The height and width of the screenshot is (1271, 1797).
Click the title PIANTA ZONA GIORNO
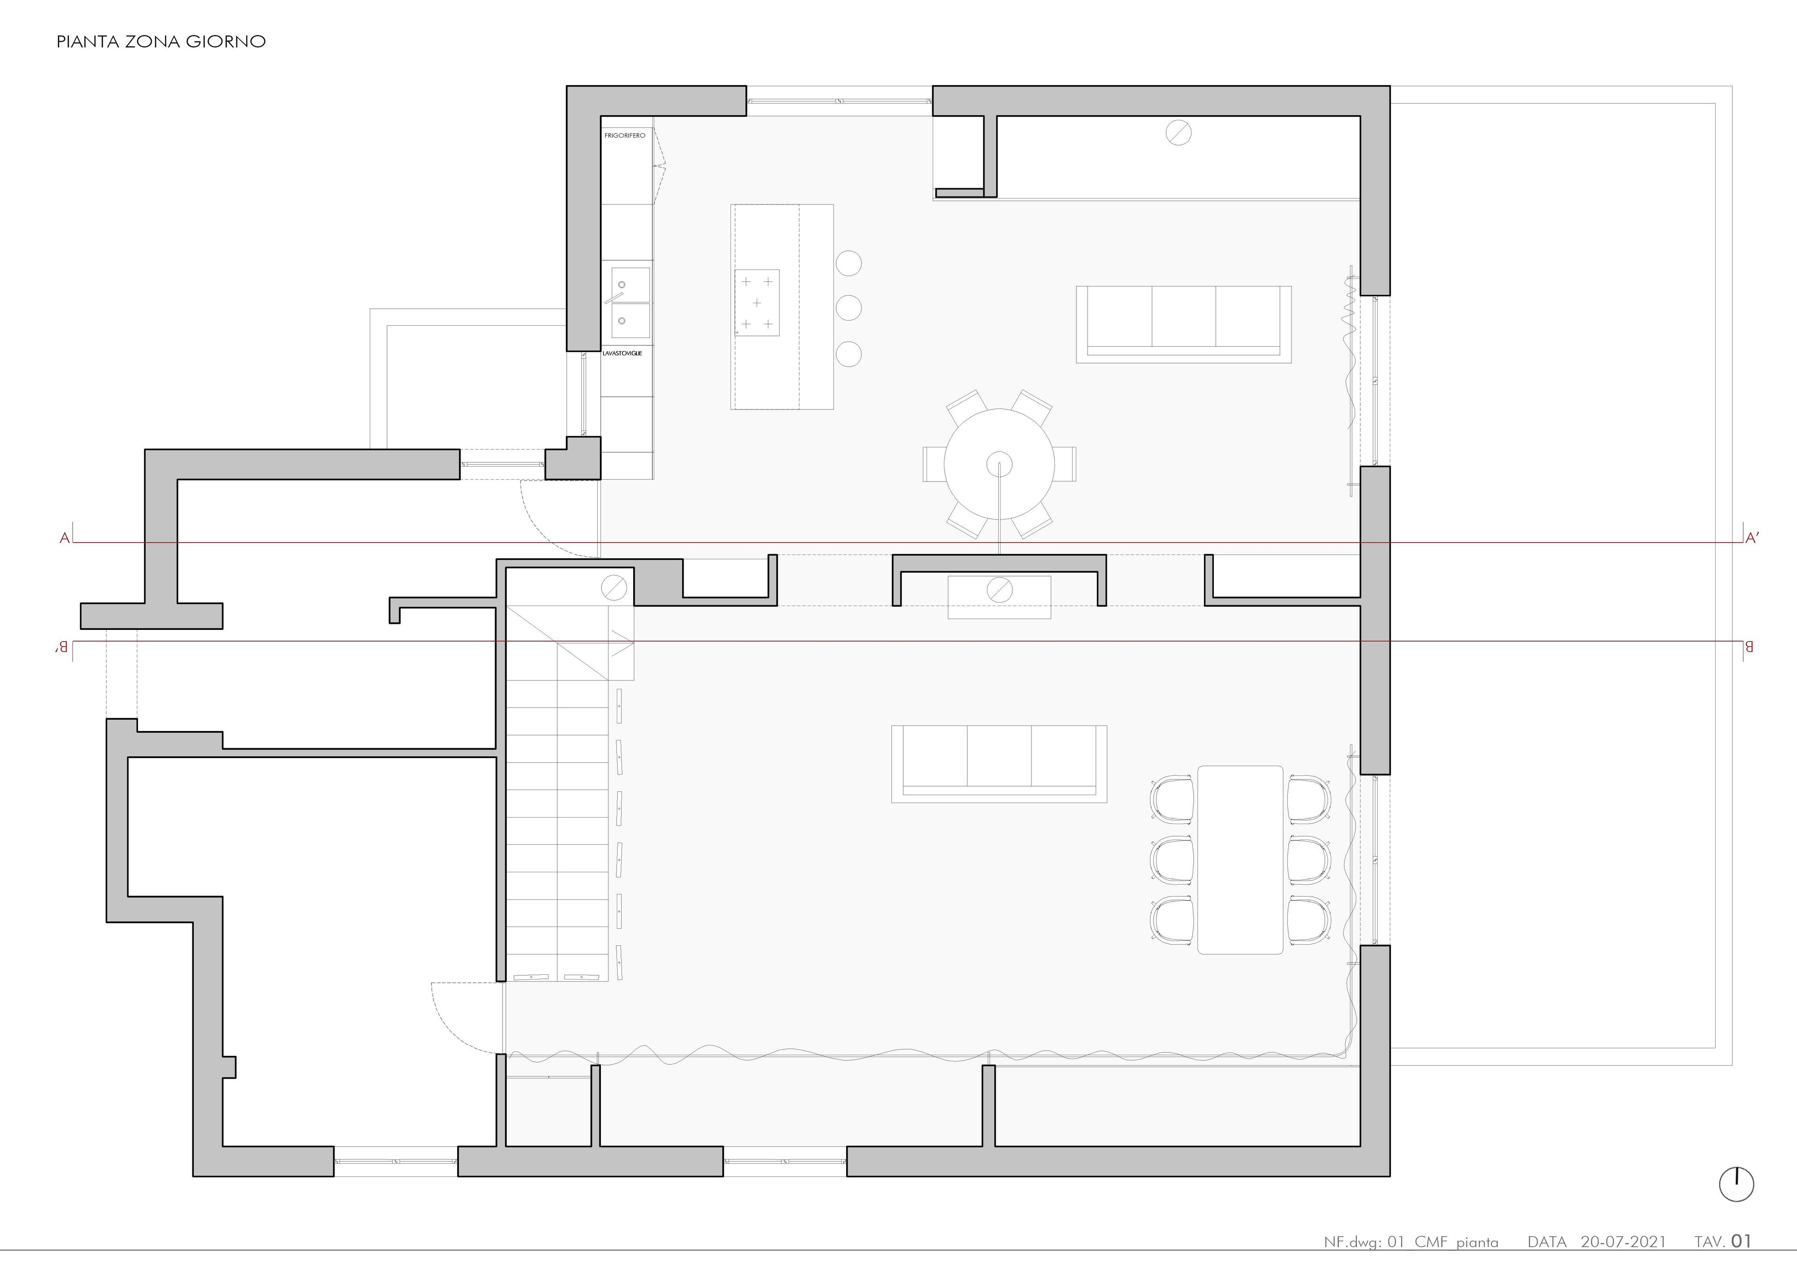tap(161, 42)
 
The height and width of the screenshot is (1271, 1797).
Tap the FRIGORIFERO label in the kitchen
tap(625, 135)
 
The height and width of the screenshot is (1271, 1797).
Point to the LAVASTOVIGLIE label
tap(622, 354)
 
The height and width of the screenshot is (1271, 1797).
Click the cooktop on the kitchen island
tap(757, 303)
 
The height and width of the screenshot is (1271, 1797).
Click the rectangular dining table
tap(1240, 859)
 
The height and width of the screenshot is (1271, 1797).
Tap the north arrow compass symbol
tap(1736, 1184)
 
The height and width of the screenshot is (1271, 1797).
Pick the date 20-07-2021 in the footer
tap(1623, 1242)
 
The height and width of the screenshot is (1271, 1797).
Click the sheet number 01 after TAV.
tap(1741, 1241)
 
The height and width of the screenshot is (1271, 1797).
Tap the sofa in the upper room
tap(1183, 324)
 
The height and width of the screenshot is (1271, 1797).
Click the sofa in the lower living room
tap(999, 764)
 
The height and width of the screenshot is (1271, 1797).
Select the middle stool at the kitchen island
tap(848, 307)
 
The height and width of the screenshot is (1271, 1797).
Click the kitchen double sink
tap(630, 303)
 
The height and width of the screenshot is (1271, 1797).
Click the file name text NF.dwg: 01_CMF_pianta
tap(1411, 1242)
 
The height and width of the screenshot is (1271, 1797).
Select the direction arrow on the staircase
tap(622, 645)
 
